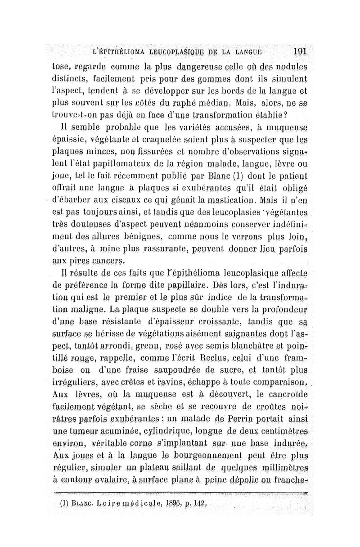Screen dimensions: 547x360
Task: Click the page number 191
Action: click(x=299, y=51)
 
